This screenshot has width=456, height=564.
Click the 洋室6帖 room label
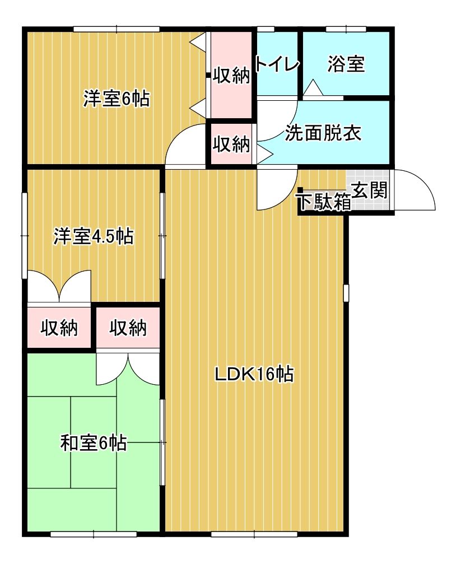point(117,99)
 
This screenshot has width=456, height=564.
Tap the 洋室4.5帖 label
point(93,236)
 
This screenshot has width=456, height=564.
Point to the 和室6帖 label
point(93,444)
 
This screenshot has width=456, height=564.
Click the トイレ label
point(277,65)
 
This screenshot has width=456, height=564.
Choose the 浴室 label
point(346,65)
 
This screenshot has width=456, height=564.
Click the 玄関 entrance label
point(370,191)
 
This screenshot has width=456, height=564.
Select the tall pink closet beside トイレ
point(231,75)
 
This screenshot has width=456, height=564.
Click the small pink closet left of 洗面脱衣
point(231,145)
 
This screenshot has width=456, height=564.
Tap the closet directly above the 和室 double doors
point(128,328)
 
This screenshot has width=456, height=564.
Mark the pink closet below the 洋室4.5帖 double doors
point(59,328)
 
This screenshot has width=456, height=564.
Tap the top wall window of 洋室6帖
point(117,29)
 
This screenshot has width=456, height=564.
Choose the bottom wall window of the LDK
point(254,534)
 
